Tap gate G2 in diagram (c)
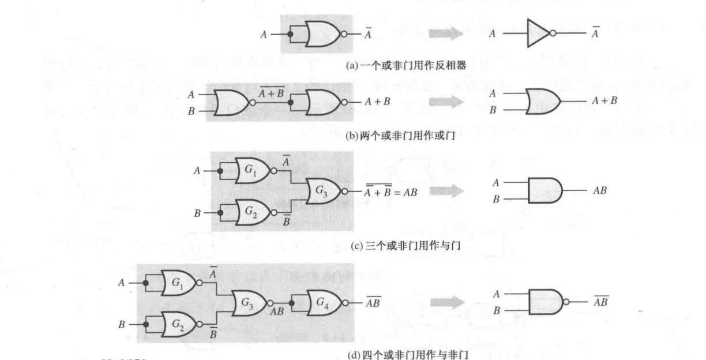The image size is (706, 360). (x=250, y=212)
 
